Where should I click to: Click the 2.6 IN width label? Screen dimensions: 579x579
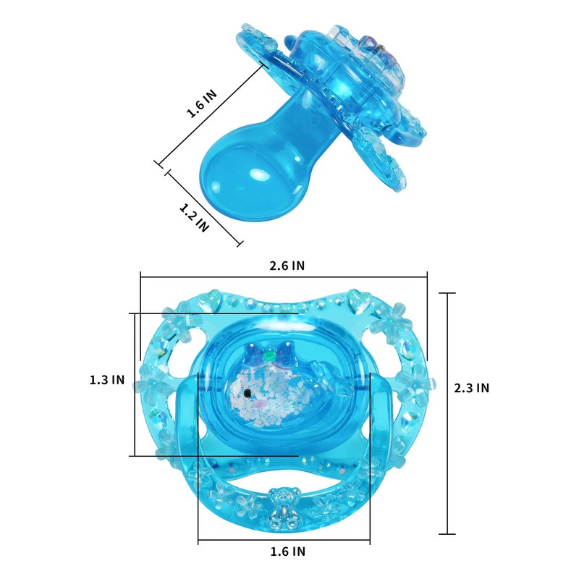pos(287,266)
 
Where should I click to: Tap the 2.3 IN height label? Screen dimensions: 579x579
pos(472,388)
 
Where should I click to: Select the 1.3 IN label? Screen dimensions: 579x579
pos(107,379)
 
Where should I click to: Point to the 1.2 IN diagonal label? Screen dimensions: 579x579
pos(194,218)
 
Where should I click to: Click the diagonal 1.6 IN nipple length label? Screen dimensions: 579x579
pos(202,103)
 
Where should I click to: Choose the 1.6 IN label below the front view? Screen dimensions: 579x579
pos(288,551)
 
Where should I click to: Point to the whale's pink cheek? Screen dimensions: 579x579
pos(261,402)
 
